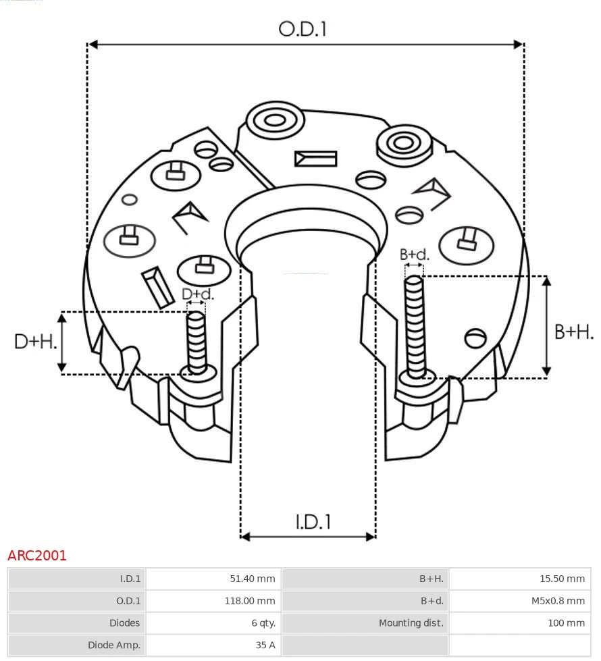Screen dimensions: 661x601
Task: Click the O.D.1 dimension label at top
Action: (303, 29)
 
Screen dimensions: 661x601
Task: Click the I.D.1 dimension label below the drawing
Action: (313, 522)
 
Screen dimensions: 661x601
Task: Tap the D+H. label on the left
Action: (36, 342)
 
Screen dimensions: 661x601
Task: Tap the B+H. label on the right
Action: (574, 332)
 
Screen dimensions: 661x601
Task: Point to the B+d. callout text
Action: (414, 255)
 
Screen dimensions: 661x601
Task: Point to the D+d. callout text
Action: (198, 294)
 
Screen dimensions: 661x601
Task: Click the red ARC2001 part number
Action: (37, 556)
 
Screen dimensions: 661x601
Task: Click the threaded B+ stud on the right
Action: (415, 324)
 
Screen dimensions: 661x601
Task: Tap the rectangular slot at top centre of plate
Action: (315, 159)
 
